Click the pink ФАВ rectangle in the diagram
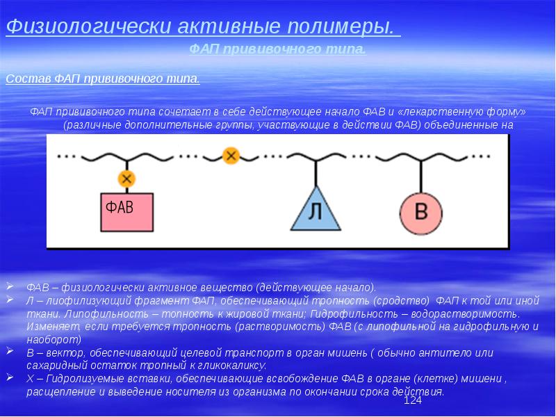127,211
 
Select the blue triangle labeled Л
316,211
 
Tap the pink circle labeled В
421,212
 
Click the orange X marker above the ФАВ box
126,179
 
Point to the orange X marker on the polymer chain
231,155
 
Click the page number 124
413,401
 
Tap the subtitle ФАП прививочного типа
277,49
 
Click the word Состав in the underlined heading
26,79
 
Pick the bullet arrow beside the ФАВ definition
9,286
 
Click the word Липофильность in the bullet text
81,314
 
